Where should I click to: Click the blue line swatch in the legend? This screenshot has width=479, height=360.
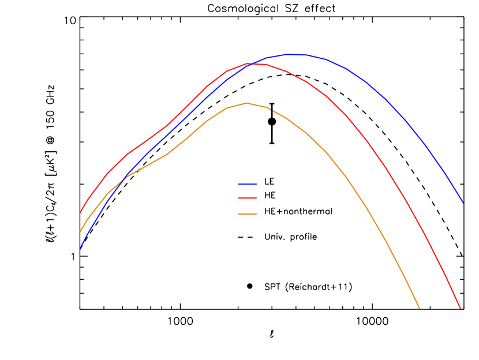[247, 184]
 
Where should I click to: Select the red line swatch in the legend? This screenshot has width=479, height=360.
[247, 198]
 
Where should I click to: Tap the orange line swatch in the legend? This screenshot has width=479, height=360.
[247, 214]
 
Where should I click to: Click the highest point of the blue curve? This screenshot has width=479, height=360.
[292, 54]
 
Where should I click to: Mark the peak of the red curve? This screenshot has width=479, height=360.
[255, 63]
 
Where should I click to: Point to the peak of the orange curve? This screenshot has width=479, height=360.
[247, 103]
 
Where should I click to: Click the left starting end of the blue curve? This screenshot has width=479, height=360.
[80, 248]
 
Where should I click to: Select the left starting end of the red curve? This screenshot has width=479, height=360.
[80, 212]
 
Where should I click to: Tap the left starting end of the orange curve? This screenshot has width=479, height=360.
[80, 231]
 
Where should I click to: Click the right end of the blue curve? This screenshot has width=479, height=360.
[463, 203]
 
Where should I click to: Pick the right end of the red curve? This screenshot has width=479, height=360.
[461, 308]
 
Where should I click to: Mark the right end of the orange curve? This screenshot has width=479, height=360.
[420, 308]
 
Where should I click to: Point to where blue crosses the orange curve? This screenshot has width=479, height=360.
[122, 180]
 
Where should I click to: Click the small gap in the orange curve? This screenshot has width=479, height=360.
[271, 109]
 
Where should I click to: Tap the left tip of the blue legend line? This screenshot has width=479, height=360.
[238, 184]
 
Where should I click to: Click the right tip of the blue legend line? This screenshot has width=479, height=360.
[256, 184]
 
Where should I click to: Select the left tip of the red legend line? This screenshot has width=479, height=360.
[238, 198]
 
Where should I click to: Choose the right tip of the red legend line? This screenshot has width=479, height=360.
[256, 198]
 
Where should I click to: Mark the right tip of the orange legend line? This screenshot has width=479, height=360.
[256, 214]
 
